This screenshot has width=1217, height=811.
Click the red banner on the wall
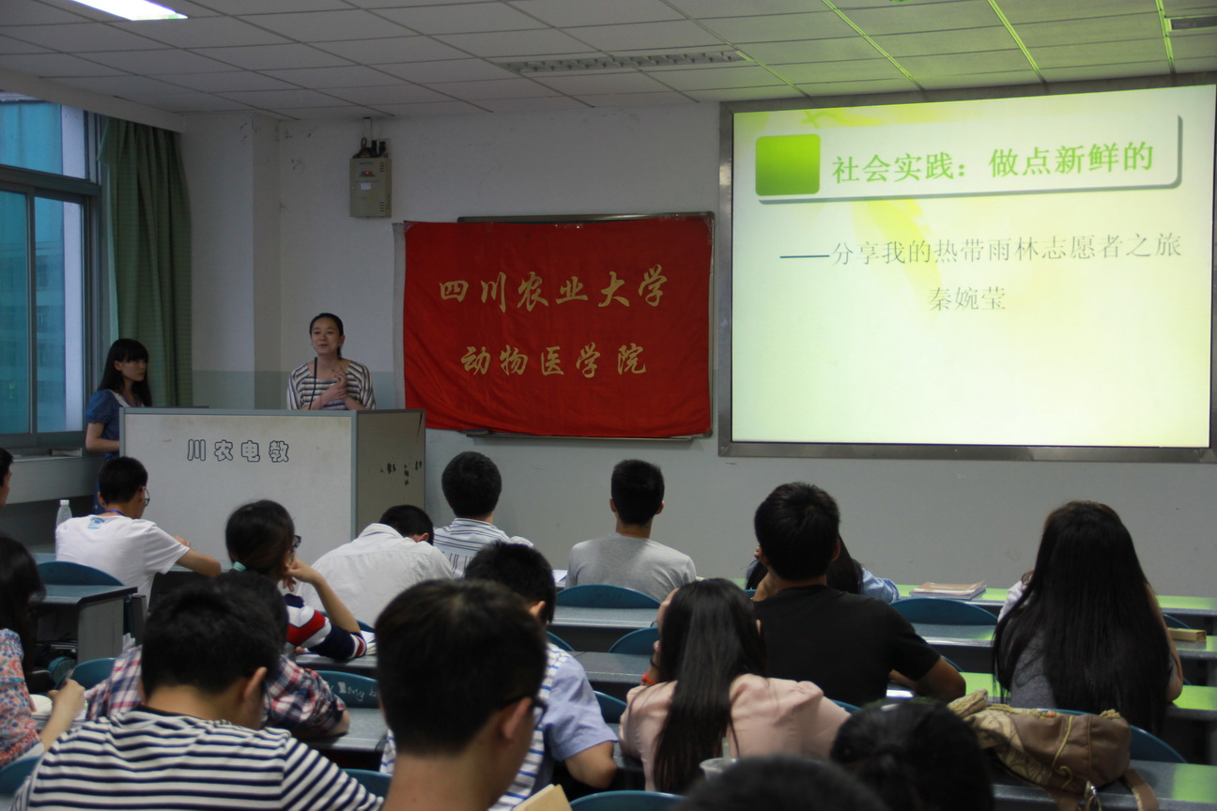click(558, 327)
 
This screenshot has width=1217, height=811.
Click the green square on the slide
click(787, 164)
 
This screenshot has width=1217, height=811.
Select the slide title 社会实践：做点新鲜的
click(992, 164)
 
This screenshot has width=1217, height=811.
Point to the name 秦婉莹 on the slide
click(966, 298)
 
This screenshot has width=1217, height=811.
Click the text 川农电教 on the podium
click(238, 451)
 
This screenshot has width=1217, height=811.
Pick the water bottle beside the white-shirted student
click(64, 513)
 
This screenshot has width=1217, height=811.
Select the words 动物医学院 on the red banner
click(553, 360)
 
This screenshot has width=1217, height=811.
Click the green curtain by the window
click(146, 262)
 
